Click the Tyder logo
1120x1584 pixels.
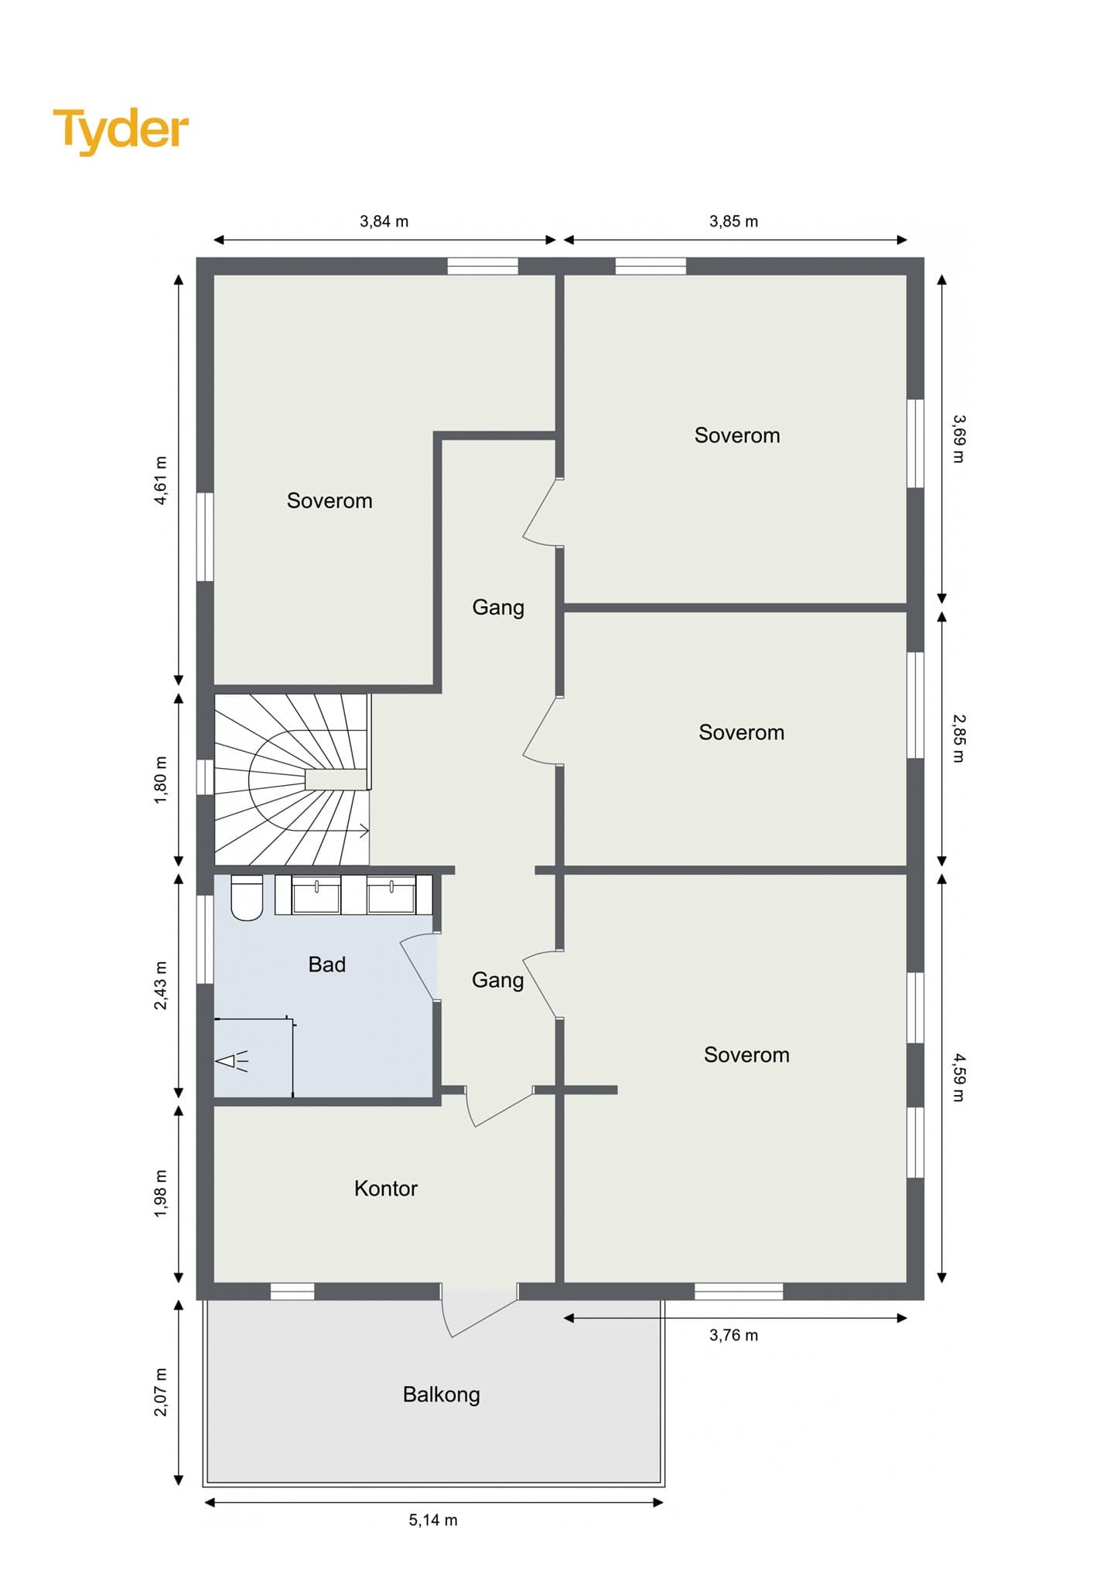tap(121, 130)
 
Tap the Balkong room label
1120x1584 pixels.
tap(441, 1395)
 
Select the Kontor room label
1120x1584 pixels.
tap(385, 1189)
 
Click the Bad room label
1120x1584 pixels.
tap(326, 964)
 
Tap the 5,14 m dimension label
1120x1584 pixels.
tap(433, 1520)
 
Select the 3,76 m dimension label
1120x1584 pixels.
tap(733, 1336)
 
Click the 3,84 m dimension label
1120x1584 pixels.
tap(384, 222)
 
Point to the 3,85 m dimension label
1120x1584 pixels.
tap(733, 222)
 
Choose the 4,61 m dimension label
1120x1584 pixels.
tap(161, 480)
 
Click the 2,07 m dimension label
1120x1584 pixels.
tap(161, 1393)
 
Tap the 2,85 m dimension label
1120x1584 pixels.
tap(958, 738)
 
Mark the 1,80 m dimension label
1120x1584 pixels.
tap(161, 780)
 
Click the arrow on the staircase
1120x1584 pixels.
tap(361, 831)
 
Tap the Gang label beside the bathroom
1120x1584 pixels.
tap(497, 980)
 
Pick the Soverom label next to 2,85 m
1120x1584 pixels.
tap(741, 732)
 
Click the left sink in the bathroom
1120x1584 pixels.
tap(316, 896)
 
